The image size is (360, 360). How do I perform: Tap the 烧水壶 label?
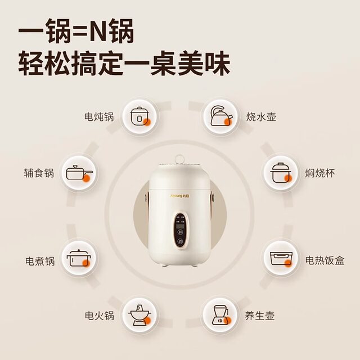point(260,117)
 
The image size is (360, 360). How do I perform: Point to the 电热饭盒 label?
point(325,260)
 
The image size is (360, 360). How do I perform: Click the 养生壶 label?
point(260,316)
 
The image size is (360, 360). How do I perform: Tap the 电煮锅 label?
point(40,261)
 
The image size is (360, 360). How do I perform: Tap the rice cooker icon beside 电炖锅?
point(138,116)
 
